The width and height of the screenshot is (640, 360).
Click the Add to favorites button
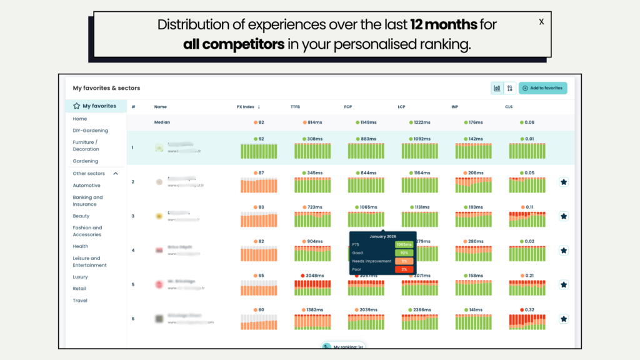pyautogui.click(x=542, y=88)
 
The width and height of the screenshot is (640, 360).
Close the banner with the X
pyautogui.click(x=541, y=22)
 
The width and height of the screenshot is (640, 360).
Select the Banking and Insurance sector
pyautogui.click(x=87, y=201)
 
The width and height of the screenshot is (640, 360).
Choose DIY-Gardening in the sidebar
pyautogui.click(x=90, y=131)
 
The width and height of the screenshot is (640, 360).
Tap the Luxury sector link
pyautogui.click(x=80, y=277)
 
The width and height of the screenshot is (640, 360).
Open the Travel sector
pyautogui.click(x=80, y=301)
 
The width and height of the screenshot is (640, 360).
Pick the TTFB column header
pyautogui.click(x=296, y=107)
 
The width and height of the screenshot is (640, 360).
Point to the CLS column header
pyautogui.click(x=509, y=107)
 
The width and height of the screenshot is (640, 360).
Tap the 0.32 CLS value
pyautogui.click(x=529, y=309)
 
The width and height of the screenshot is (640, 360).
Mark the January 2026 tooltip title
pyautogui.click(x=383, y=236)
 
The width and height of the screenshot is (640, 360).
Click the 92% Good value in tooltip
pyautogui.click(x=404, y=252)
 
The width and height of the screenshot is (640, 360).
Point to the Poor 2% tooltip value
pyautogui.click(x=404, y=269)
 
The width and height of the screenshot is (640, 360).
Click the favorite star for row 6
pyautogui.click(x=563, y=319)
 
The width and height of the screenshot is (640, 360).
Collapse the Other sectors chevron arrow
pyautogui.click(x=116, y=174)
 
